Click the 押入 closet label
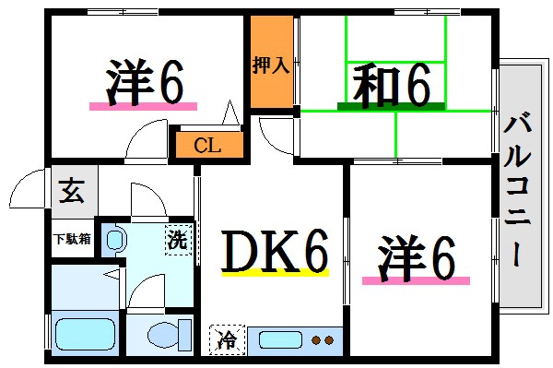click(271, 65)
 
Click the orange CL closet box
click(207, 144)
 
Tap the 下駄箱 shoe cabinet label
click(71, 239)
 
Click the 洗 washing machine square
click(178, 241)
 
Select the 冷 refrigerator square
click(224, 339)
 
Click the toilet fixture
click(160, 334)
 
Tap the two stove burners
click(323, 340)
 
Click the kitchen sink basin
click(279, 339)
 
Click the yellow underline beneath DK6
click(275, 274)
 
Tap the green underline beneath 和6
click(386, 107)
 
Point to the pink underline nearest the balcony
click(416, 279)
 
